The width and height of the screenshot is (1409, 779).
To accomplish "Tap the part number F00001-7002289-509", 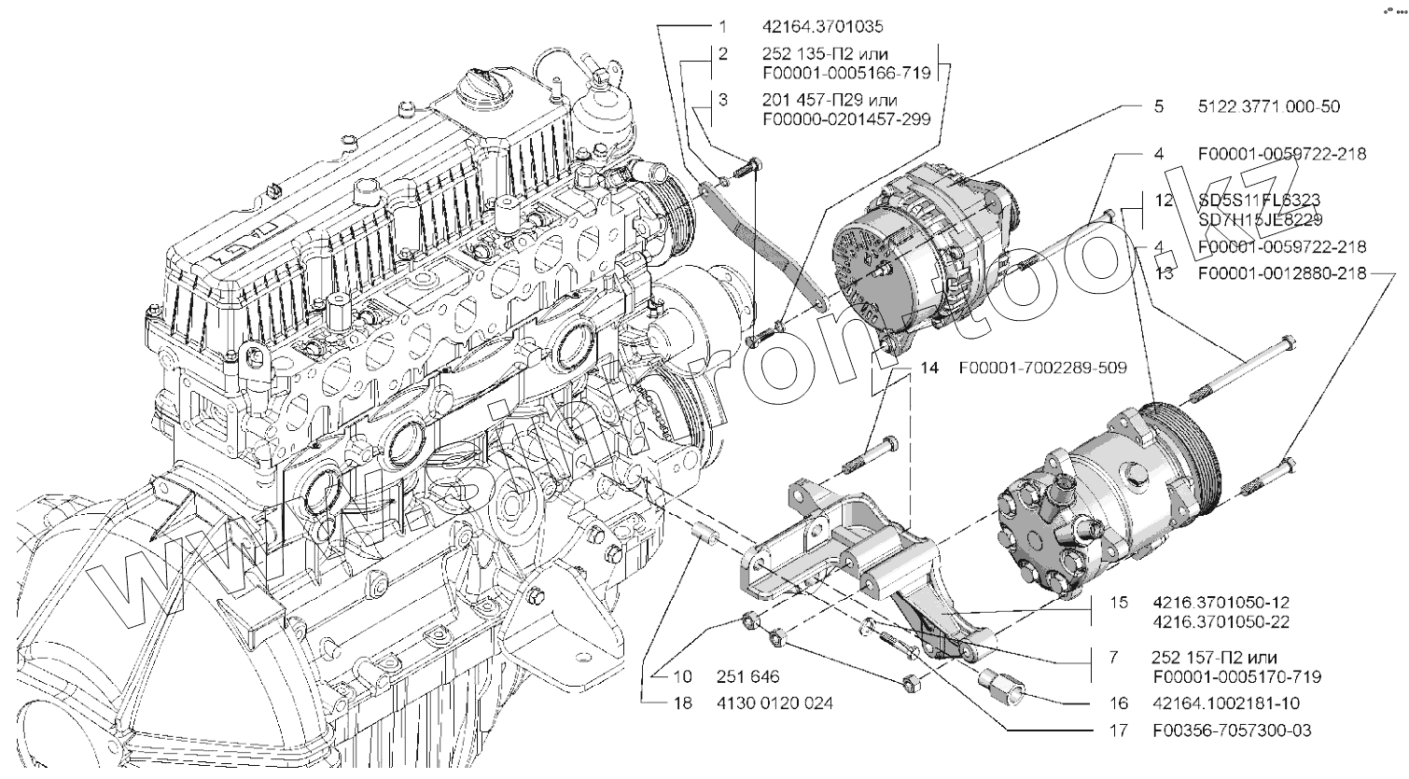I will point(1041,369).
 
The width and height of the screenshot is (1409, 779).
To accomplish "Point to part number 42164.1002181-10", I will point(1225,702).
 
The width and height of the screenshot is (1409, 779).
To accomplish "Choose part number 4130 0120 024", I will point(774,702).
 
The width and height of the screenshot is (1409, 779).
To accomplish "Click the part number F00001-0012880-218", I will point(1282,274).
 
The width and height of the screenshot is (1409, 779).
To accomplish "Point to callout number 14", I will point(929,369).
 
